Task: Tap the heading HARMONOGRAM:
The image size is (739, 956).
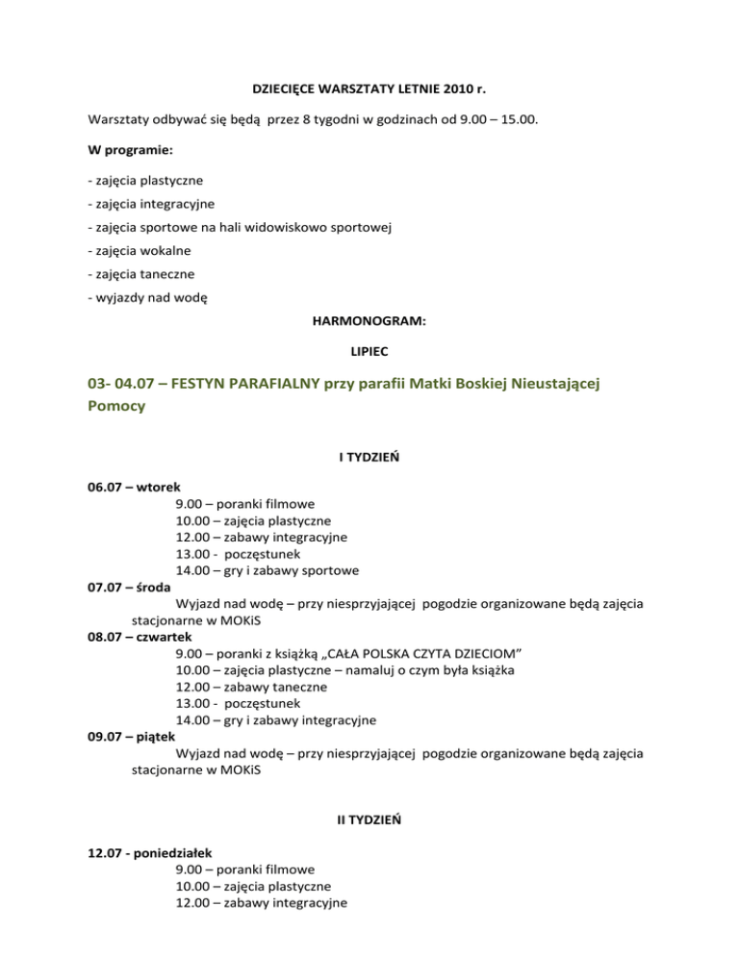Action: (x=369, y=324)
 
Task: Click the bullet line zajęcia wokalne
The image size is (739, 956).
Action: (x=139, y=250)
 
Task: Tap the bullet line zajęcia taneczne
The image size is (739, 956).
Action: (x=140, y=274)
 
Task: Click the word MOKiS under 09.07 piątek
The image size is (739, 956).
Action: (x=233, y=770)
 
